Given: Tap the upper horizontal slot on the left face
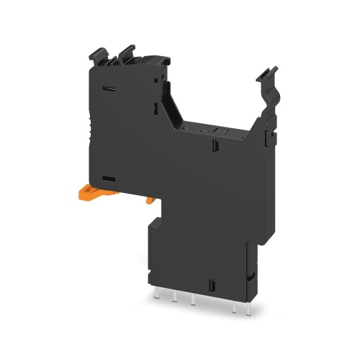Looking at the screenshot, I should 109,89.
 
